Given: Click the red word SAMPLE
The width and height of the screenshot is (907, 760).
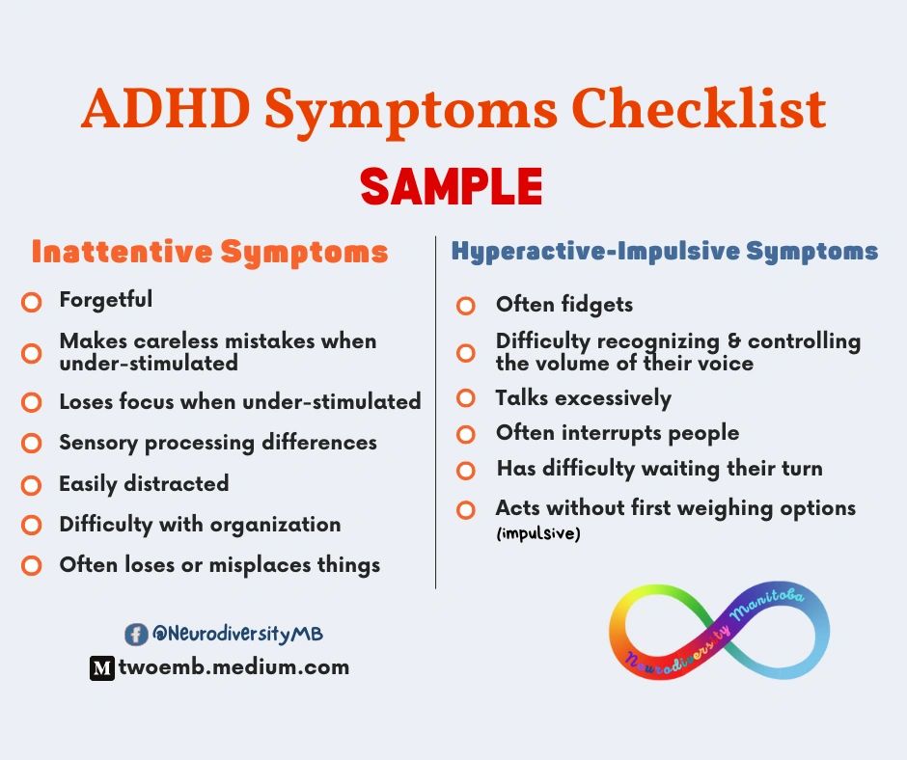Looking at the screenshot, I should pyautogui.click(x=452, y=185).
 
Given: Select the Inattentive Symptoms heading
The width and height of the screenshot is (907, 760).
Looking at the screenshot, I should pyautogui.click(x=209, y=252).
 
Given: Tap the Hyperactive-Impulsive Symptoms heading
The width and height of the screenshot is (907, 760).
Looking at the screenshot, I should pyautogui.click(x=665, y=252).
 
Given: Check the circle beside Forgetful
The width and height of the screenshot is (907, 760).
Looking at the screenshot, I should pyautogui.click(x=32, y=302).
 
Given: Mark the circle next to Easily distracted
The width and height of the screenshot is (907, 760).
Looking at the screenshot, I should pyautogui.click(x=32, y=484).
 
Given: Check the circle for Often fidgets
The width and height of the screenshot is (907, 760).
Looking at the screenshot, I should pyautogui.click(x=466, y=306).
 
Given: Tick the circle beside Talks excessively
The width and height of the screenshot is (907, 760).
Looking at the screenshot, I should pyautogui.click(x=466, y=397).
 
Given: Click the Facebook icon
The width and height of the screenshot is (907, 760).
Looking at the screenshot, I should pyautogui.click(x=136, y=634).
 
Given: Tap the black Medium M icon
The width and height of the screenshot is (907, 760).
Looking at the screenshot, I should pyautogui.click(x=102, y=667).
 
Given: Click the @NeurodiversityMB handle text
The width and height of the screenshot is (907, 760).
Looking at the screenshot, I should pyautogui.click(x=237, y=634).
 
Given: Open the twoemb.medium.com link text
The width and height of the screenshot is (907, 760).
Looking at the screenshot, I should pyautogui.click(x=233, y=666).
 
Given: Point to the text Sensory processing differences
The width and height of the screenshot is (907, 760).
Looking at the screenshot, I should pyautogui.click(x=218, y=443).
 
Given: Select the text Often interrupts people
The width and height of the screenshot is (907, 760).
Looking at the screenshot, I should pyautogui.click(x=618, y=433).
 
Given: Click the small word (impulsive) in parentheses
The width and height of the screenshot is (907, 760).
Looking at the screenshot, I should pyautogui.click(x=538, y=533).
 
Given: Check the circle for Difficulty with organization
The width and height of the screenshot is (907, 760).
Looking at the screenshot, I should pyautogui.click(x=32, y=526).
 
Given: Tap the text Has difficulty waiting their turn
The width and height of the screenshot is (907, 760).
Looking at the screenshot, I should pyautogui.click(x=659, y=469).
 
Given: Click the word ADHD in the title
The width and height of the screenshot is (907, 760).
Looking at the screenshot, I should pyautogui.click(x=163, y=109).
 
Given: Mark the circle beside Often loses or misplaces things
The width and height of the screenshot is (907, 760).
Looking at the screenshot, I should pyautogui.click(x=32, y=566).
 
